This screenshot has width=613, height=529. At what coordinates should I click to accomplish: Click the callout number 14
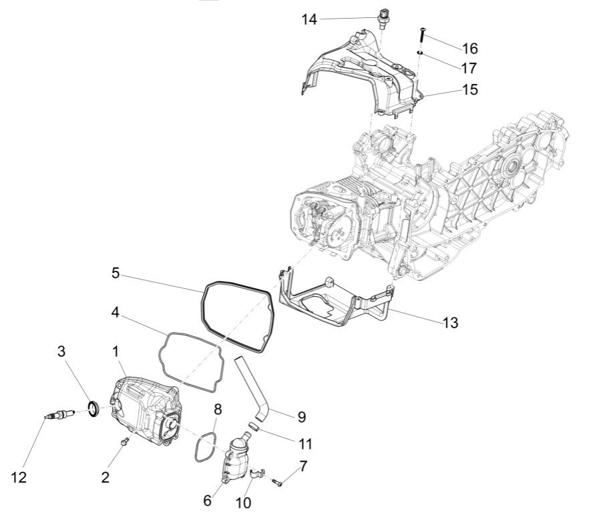309,19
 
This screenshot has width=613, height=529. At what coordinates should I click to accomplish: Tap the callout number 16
469,48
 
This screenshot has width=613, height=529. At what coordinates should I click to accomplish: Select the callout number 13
450,322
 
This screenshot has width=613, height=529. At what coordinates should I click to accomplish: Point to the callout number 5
116,273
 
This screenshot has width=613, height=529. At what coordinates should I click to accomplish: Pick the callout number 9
301,417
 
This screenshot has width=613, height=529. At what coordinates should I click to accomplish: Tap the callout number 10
244,502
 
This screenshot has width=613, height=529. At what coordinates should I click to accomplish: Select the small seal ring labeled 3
93,407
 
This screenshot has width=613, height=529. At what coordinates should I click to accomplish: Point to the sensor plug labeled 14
384,17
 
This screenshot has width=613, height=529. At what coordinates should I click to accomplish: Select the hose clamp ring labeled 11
254,424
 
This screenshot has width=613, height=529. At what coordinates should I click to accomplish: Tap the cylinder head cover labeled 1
144,410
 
